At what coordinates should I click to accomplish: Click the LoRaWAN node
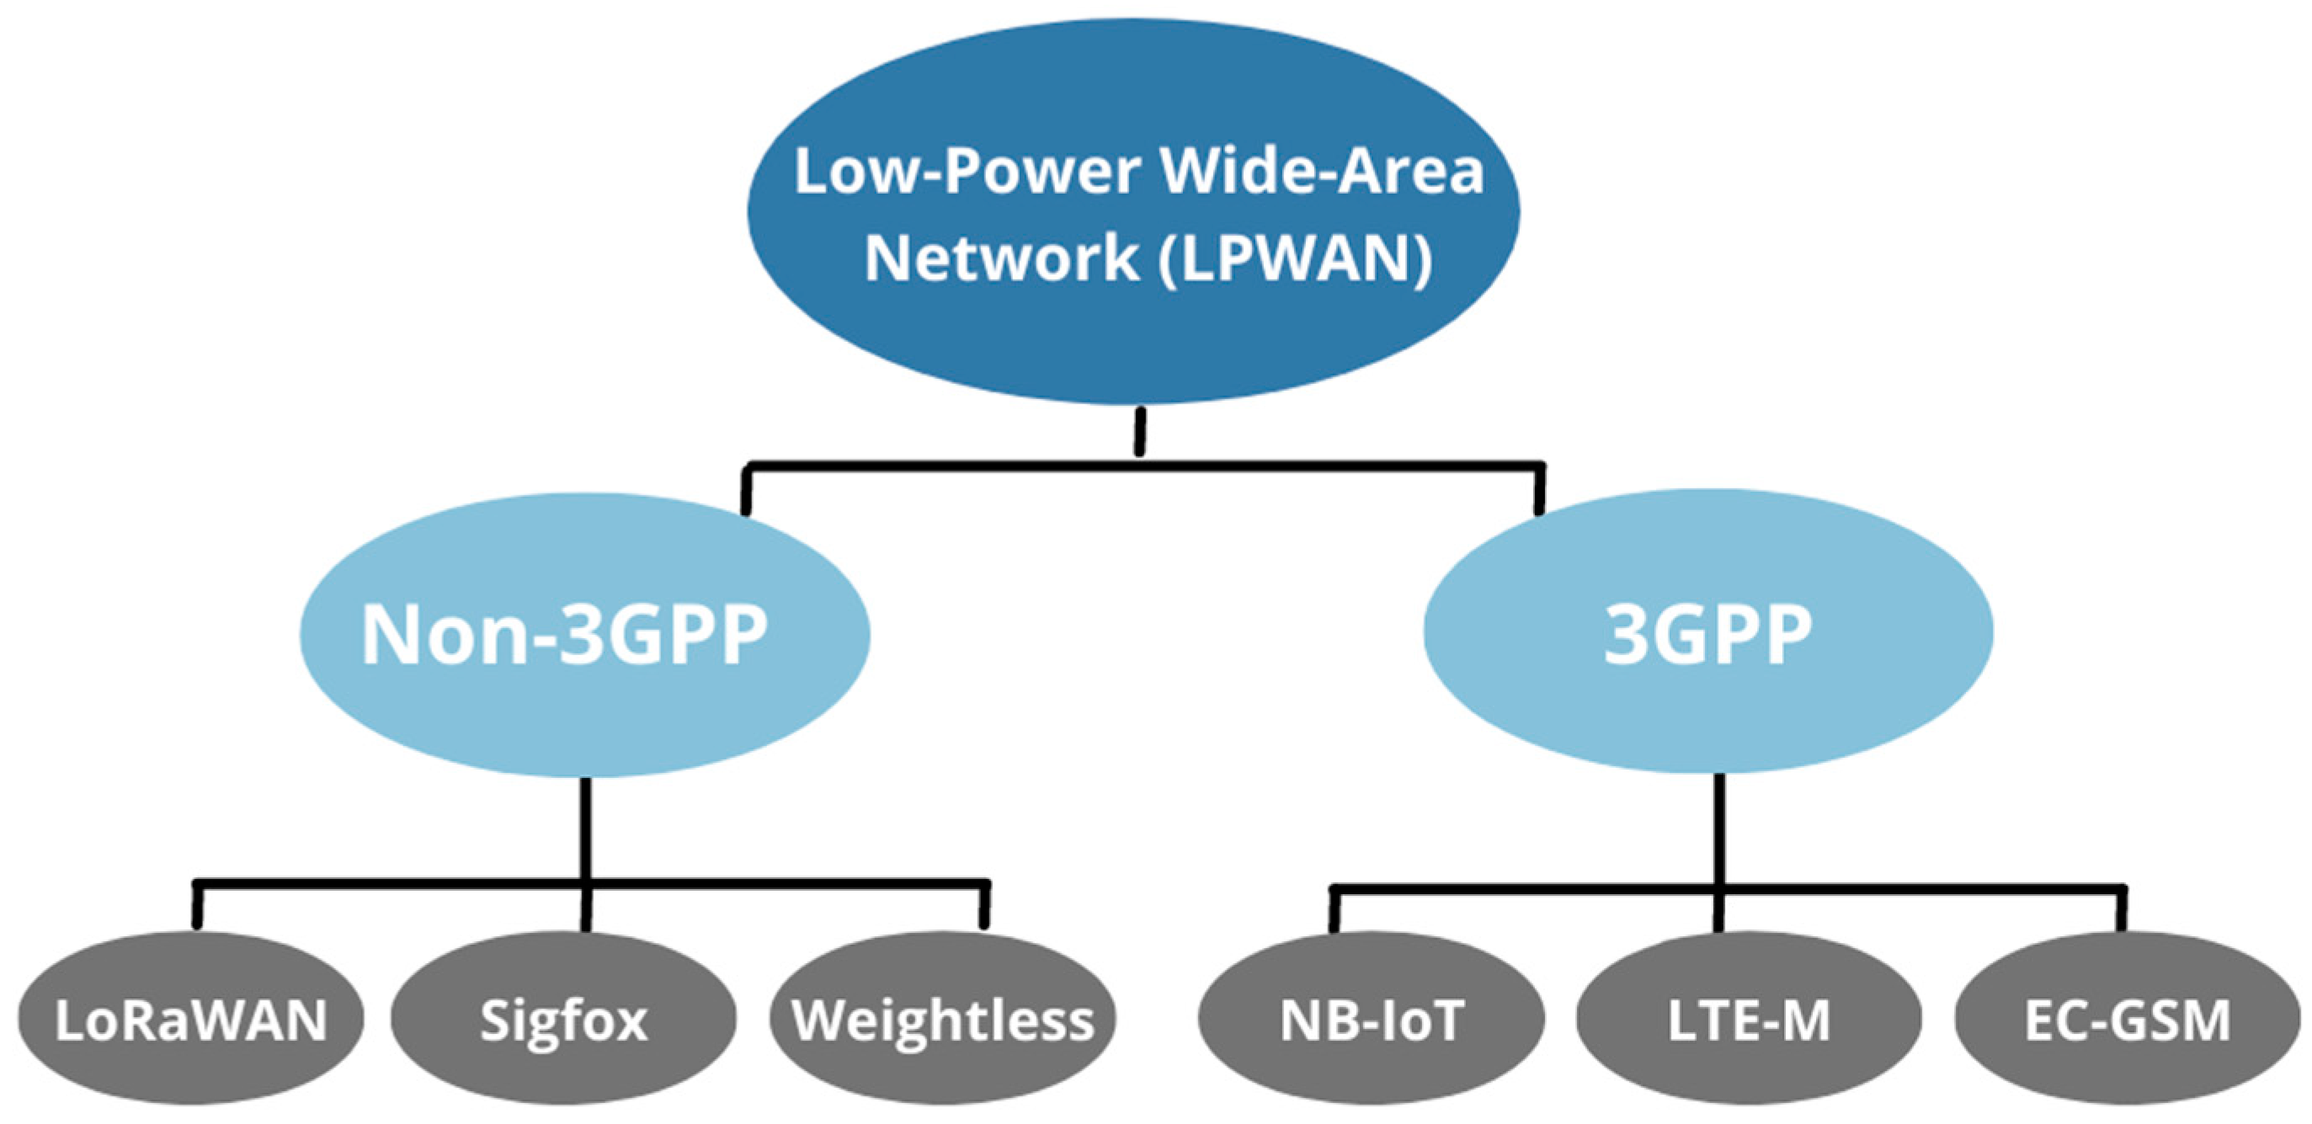click(190, 1020)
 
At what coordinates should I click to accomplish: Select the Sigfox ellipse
click(563, 1020)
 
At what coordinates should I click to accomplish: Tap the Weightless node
click(942, 1020)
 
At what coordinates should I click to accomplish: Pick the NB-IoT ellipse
click(1372, 1020)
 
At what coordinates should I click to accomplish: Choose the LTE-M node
click(1749, 1020)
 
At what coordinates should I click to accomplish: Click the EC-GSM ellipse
click(2127, 1020)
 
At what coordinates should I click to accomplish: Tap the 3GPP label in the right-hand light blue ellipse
click(1707, 634)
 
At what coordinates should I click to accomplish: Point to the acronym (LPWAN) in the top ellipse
click(1294, 258)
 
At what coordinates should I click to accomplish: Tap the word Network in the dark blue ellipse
click(1002, 258)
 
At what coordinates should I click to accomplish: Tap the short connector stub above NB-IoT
click(1334, 910)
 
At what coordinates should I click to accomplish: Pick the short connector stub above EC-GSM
click(2122, 910)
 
